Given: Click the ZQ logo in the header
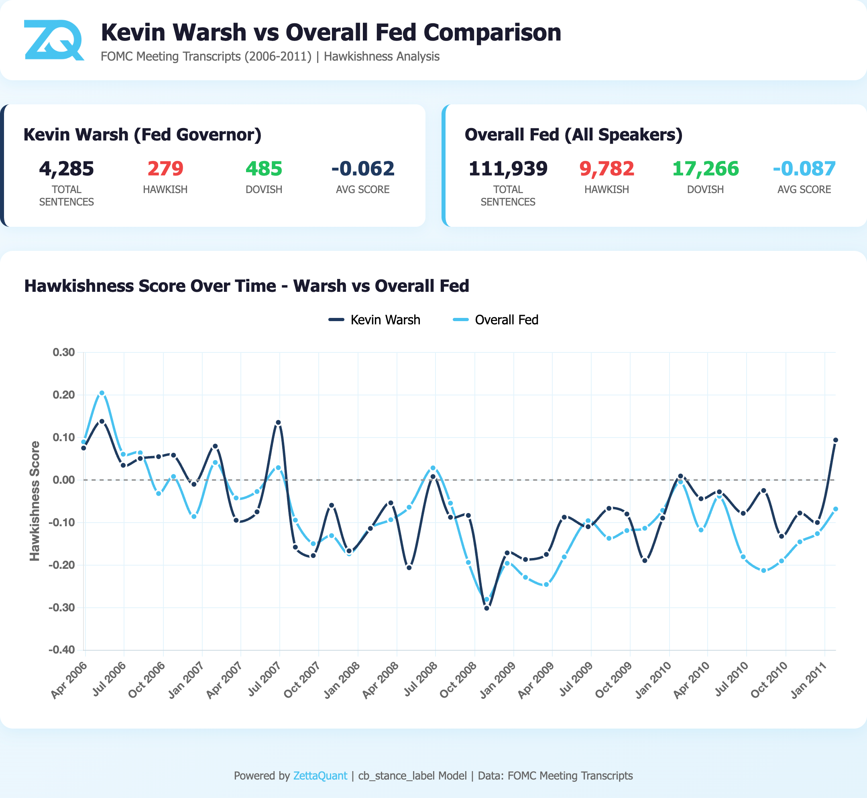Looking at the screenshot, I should [53, 40].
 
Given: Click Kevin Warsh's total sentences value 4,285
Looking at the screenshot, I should [67, 169].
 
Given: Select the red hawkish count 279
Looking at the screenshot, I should [165, 169].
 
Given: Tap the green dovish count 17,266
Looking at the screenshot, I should [706, 169].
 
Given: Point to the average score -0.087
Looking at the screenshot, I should [804, 169].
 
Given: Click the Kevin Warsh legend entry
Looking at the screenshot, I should [374, 320].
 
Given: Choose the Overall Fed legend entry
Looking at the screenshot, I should [496, 320].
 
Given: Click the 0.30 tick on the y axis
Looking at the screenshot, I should [63, 352].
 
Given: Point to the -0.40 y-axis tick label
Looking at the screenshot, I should [62, 650].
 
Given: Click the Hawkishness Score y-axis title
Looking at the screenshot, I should [35, 501].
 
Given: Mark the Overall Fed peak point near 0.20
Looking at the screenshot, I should [102, 393].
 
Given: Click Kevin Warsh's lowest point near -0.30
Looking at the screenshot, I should [486, 608].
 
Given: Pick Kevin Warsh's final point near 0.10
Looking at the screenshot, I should [835, 440].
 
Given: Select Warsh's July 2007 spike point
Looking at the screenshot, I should [278, 422].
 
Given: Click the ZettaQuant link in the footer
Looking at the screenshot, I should [320, 776].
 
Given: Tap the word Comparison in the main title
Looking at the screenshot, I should [492, 33].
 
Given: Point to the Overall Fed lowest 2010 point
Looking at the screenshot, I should [763, 570].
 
